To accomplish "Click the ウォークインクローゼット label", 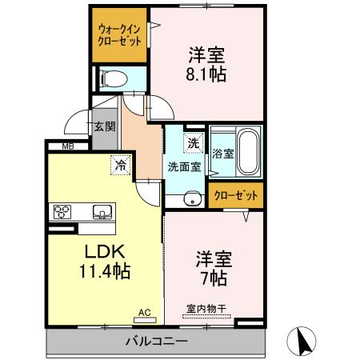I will pos(118,34).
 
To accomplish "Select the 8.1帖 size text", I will pos(207,74).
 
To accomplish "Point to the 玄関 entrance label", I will pos(104,126).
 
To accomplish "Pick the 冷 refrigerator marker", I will pos(119,166).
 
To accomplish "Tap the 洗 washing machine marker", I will pos(192,143).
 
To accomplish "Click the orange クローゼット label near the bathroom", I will pos(237,195).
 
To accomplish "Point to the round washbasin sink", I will pos(192,200).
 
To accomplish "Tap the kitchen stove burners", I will pos(62,211).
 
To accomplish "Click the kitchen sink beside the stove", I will pos(102,212).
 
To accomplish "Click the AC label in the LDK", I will pos(144,312).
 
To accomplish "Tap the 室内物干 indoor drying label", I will pos(206,307).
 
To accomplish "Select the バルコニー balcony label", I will pos(156,341).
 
